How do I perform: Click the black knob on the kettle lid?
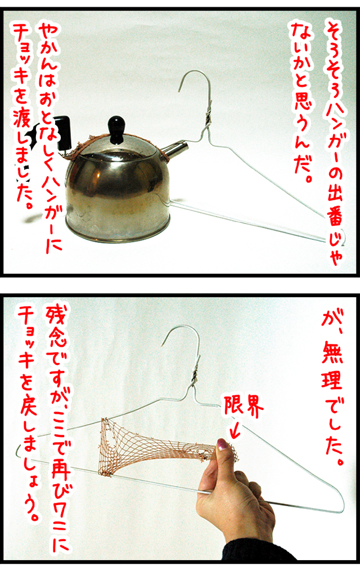click(x=117, y=128)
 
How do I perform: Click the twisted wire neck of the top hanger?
click(x=207, y=116)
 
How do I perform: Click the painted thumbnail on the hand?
click(x=222, y=444)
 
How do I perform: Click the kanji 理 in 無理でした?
click(x=331, y=380)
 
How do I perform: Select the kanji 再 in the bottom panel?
click(x=58, y=462)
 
